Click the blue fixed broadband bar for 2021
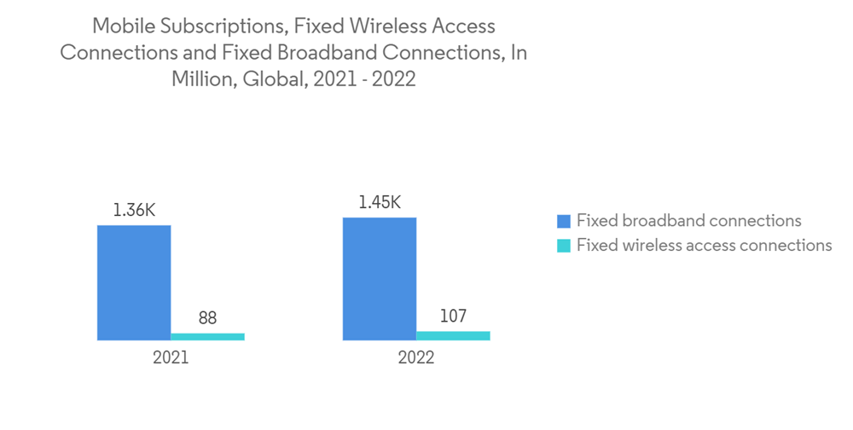134,282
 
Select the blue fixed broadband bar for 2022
380,279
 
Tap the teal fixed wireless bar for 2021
207,336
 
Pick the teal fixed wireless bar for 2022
453,335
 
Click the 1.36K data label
134,209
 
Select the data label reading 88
207,317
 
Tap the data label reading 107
453,316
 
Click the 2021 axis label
171,357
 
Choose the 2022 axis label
416,357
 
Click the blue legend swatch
563,221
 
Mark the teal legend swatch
563,246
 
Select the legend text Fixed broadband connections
688,221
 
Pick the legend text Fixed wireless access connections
704,246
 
